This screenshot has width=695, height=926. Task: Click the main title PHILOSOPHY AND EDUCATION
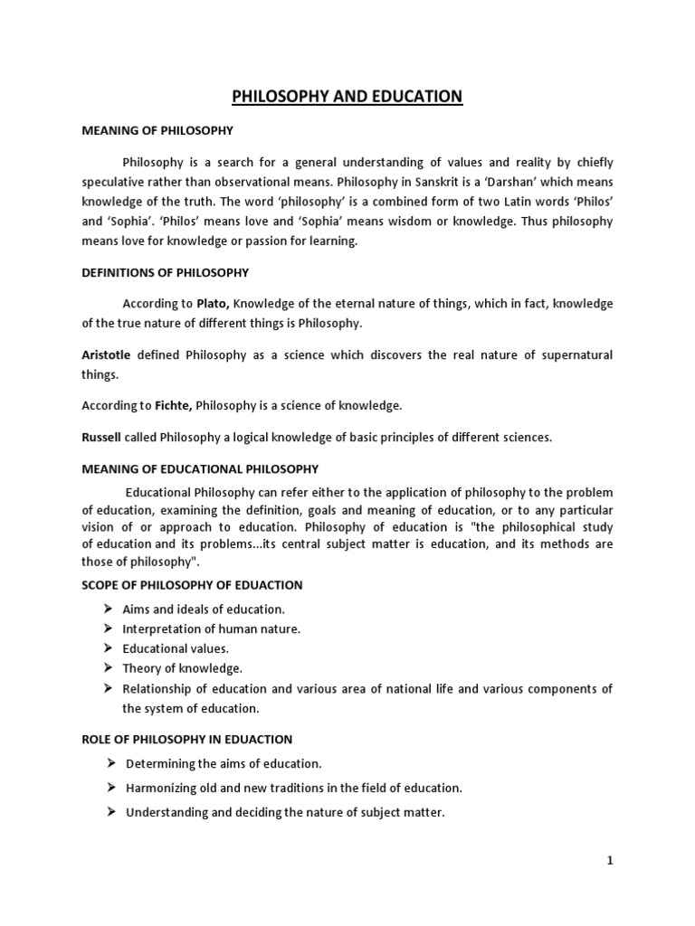(x=347, y=96)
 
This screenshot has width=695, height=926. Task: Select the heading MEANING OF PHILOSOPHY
(x=157, y=131)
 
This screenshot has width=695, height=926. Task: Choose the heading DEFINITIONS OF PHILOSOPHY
(x=165, y=272)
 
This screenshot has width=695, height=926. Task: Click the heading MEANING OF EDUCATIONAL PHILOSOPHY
(x=200, y=468)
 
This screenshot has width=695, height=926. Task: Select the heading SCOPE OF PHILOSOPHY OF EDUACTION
(x=192, y=585)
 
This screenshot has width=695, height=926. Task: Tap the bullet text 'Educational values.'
(x=176, y=648)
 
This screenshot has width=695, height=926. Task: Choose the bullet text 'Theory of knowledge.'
(x=183, y=668)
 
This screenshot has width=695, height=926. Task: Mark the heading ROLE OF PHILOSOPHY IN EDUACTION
(x=186, y=739)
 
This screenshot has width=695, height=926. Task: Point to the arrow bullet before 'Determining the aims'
(x=109, y=763)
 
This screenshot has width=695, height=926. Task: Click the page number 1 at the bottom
(x=610, y=862)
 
